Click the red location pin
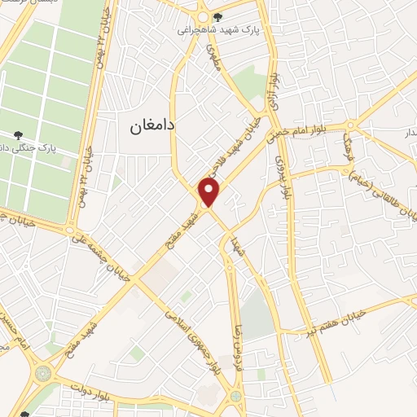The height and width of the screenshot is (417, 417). coord(210,191)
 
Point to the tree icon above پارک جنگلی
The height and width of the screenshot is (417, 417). coord(18,134)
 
